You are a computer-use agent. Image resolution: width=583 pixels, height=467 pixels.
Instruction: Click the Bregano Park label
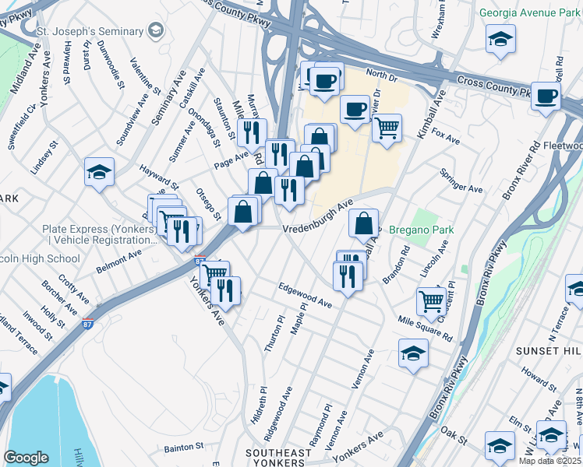coord(421,230)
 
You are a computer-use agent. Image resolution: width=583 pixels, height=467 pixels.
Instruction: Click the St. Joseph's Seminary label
coord(90,31)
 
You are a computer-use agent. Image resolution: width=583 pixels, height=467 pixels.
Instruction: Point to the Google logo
coord(26,457)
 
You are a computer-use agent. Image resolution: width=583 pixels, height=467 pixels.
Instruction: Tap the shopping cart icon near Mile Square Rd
coord(431,300)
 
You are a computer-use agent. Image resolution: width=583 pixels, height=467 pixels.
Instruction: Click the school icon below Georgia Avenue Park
coord(500,38)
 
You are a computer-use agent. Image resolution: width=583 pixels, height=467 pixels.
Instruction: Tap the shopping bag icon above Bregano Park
coord(364,223)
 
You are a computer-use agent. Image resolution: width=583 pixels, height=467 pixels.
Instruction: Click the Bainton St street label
coord(184,448)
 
